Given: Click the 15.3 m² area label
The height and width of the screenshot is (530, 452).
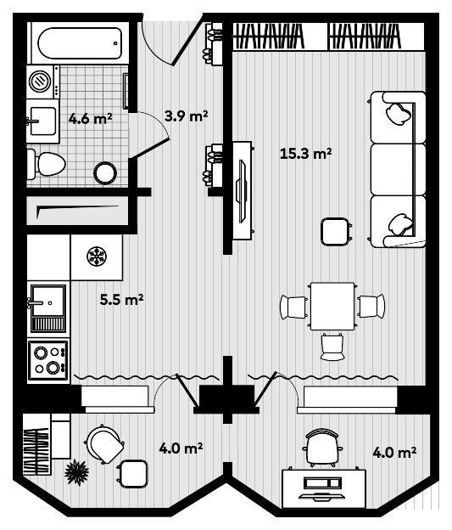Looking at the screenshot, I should click(304, 154).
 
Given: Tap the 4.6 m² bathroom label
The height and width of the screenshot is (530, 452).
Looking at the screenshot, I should click(90, 119).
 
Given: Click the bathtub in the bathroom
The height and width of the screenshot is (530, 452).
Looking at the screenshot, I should click(80, 42).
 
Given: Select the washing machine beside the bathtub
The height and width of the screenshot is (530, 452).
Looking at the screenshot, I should click(41, 82).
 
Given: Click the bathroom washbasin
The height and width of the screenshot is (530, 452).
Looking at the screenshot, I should click(41, 119).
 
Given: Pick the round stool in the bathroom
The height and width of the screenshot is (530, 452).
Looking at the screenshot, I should click(104, 173).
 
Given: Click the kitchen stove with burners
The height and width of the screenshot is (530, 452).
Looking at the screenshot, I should click(47, 359).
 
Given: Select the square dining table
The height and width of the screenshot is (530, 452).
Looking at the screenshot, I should click(332, 307).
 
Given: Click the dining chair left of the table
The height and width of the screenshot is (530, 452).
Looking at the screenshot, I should click(293, 307).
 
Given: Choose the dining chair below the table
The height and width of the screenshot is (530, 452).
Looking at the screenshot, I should click(332, 345).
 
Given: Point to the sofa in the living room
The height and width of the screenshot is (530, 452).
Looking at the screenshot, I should click(397, 169).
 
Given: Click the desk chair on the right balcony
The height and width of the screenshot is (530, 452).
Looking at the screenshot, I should click(322, 447).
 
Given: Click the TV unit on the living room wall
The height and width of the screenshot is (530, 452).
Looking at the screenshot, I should click(243, 191).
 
